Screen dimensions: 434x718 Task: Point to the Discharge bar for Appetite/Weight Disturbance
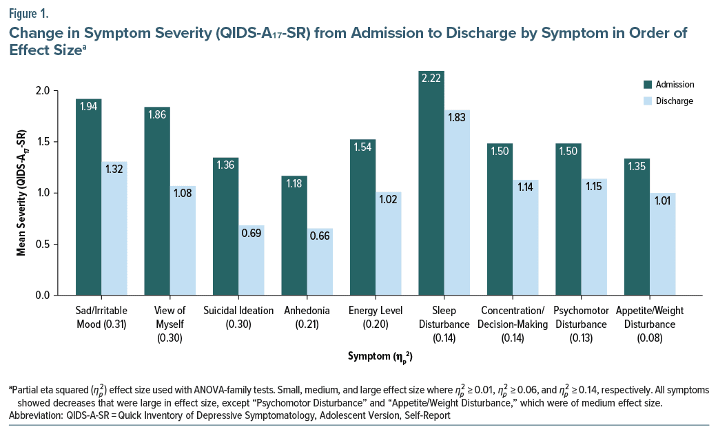point(663,244)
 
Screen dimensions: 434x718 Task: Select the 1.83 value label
point(457,118)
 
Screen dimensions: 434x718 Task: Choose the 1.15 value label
point(594,187)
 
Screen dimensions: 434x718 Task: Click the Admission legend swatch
point(647,85)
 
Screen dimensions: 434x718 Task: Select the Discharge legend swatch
point(647,101)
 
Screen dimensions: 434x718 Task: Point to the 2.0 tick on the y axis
point(61,91)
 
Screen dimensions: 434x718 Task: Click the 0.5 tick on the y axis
point(61,245)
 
